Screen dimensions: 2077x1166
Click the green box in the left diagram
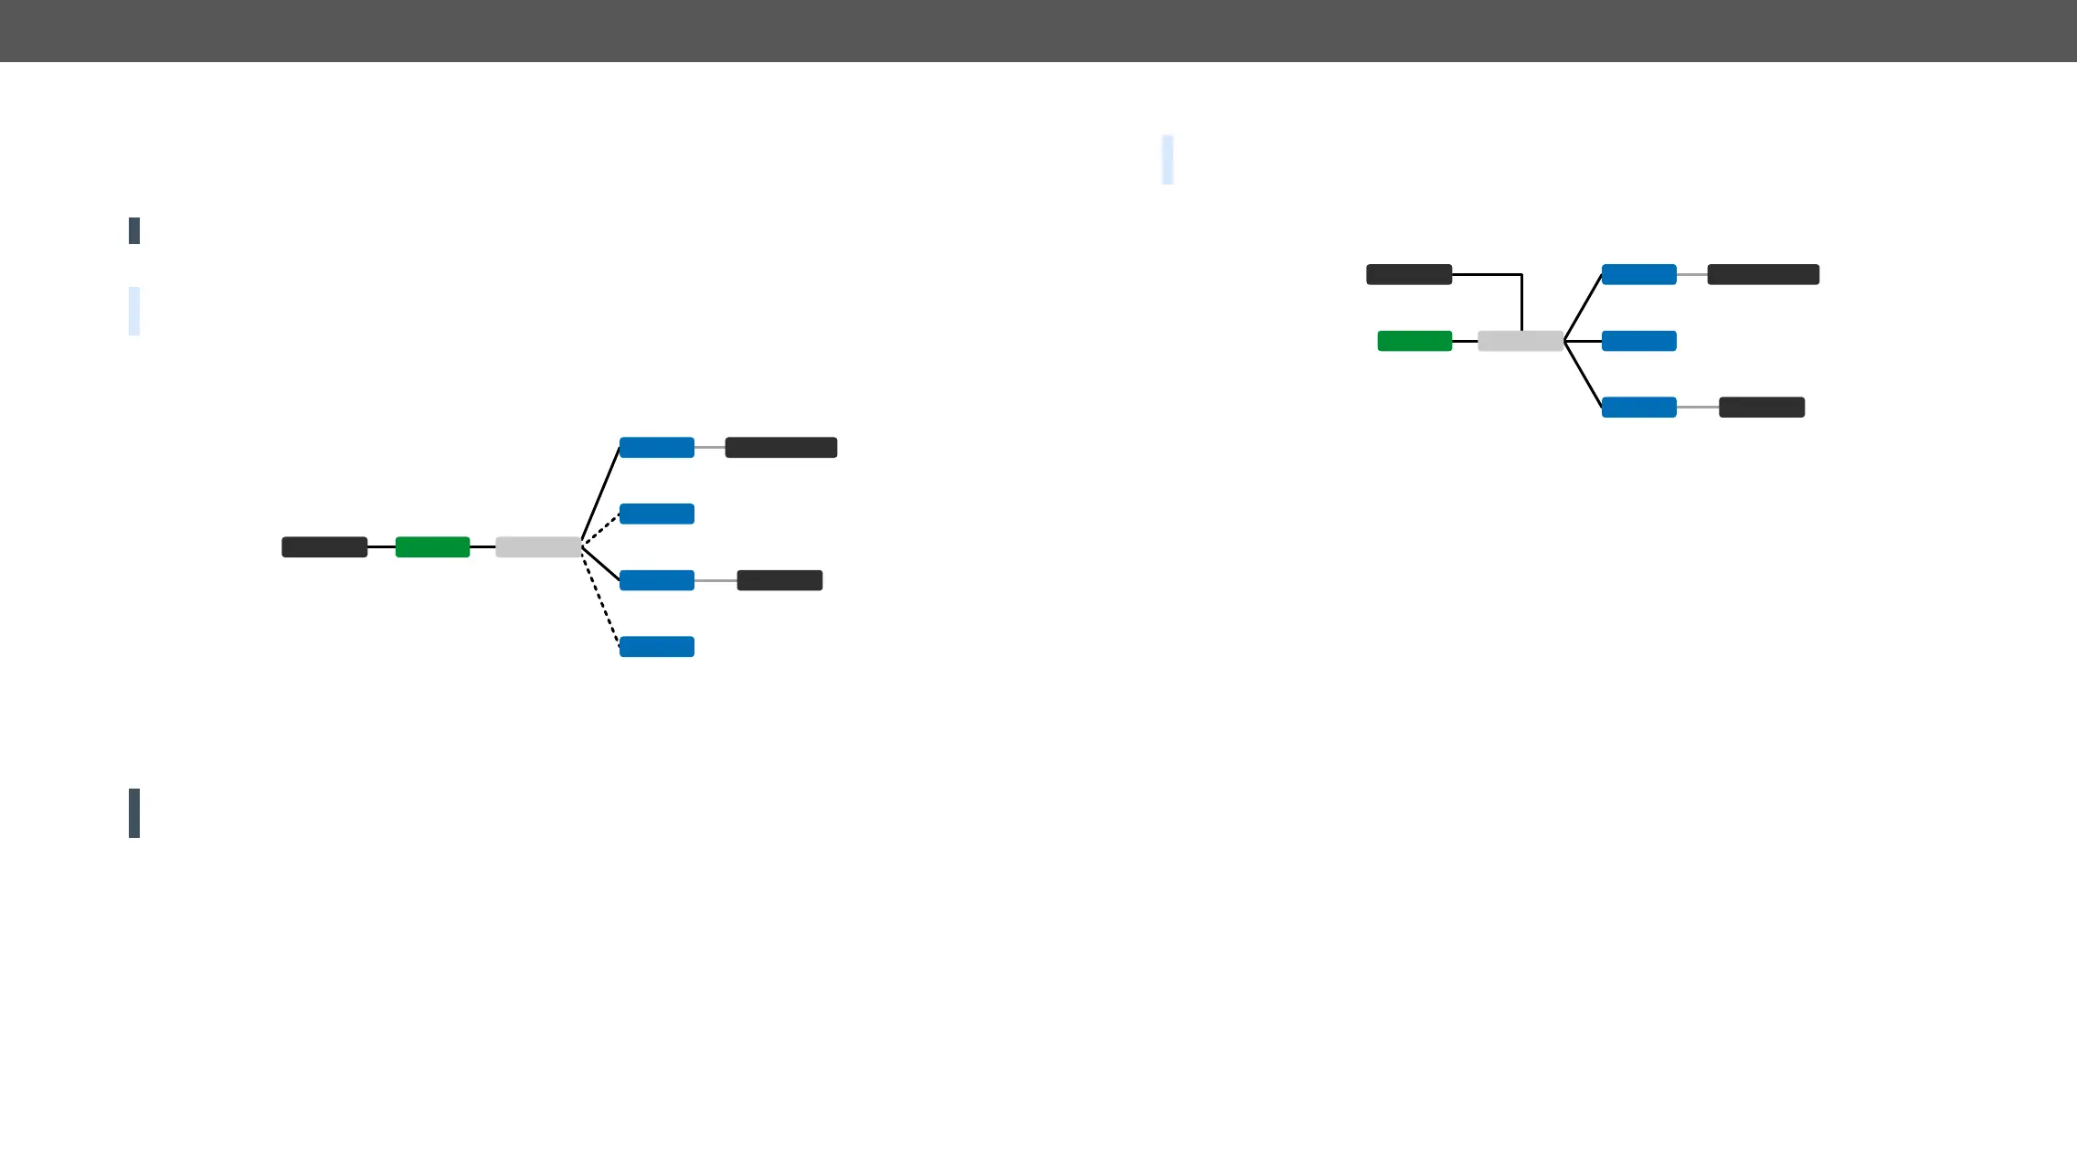[432, 547]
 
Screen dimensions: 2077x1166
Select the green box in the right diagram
[1415, 341]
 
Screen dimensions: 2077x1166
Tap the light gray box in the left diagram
[538, 547]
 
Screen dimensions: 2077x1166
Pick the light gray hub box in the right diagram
[1521, 341]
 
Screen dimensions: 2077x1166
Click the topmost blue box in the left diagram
[657, 448]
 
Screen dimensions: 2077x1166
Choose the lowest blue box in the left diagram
[657, 647]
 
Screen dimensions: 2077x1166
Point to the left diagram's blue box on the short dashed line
[657, 514]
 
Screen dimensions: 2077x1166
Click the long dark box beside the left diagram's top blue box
[781, 448]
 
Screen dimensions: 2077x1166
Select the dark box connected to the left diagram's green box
[324, 547]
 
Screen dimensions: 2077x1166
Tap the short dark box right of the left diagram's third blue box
[779, 580]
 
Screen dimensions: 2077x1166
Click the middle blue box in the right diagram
[1639, 341]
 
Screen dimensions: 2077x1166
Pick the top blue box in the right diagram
[1639, 274]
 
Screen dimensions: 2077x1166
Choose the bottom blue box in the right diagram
[1639, 408]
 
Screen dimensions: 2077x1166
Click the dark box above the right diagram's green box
[1409, 274]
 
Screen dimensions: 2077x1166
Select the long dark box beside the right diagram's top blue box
[1764, 274]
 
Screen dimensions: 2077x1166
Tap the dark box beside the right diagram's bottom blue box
[1762, 408]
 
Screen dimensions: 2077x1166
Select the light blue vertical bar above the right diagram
[1168, 160]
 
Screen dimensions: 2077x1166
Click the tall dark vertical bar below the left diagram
[134, 813]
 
